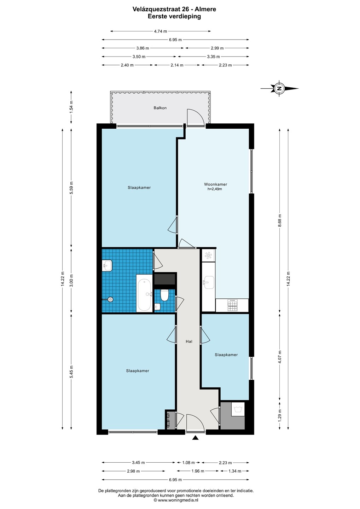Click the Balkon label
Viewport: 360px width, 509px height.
point(160,108)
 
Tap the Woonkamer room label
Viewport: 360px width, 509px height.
point(215,184)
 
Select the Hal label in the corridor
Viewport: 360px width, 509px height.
point(189,341)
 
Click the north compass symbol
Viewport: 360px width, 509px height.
point(279,88)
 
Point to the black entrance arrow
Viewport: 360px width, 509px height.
point(195,438)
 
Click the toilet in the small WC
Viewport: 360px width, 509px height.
point(164,295)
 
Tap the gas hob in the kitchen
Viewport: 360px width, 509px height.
point(232,305)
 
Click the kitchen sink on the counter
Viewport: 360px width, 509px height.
point(208,282)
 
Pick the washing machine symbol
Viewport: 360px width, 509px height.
point(238,409)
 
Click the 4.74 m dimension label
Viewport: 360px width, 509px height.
point(161,31)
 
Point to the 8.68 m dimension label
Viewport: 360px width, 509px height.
point(280,221)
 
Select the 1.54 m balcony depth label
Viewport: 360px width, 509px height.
point(71,107)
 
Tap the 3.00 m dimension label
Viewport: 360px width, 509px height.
point(71,281)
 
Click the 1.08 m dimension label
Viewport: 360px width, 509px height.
point(188,462)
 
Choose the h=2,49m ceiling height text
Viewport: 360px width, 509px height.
point(215,189)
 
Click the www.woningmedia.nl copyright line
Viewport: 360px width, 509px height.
point(176,500)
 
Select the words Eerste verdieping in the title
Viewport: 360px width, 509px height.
point(174,16)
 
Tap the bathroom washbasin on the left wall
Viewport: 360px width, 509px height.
point(107,265)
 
